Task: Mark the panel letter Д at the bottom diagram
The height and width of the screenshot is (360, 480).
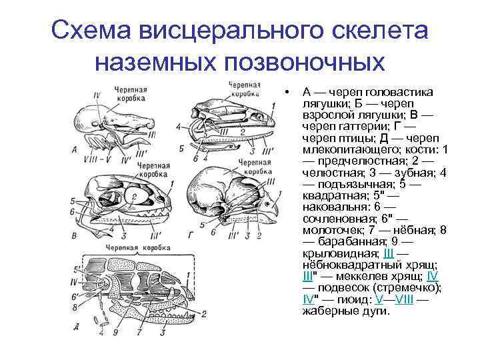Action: pos(78,327)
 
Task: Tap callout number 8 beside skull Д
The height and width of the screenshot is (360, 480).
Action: pos(75,307)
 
